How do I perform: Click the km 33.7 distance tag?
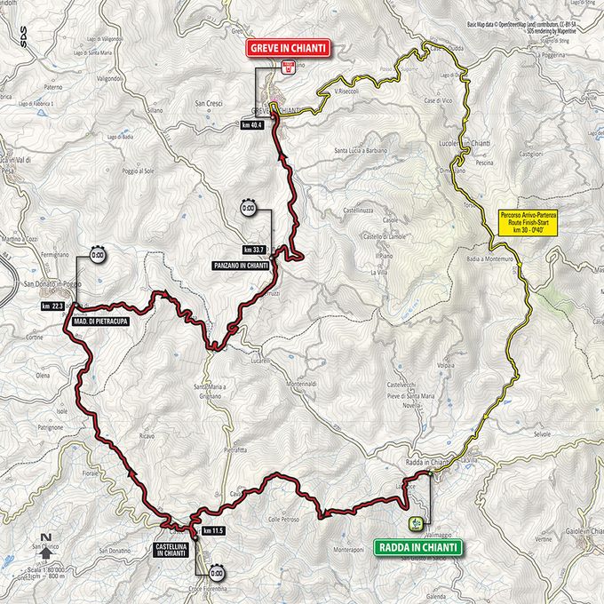[257, 250]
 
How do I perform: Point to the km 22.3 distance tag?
[53, 306]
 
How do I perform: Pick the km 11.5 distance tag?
[213, 530]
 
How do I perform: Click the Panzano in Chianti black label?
[242, 265]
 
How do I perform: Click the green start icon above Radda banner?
[416, 522]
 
